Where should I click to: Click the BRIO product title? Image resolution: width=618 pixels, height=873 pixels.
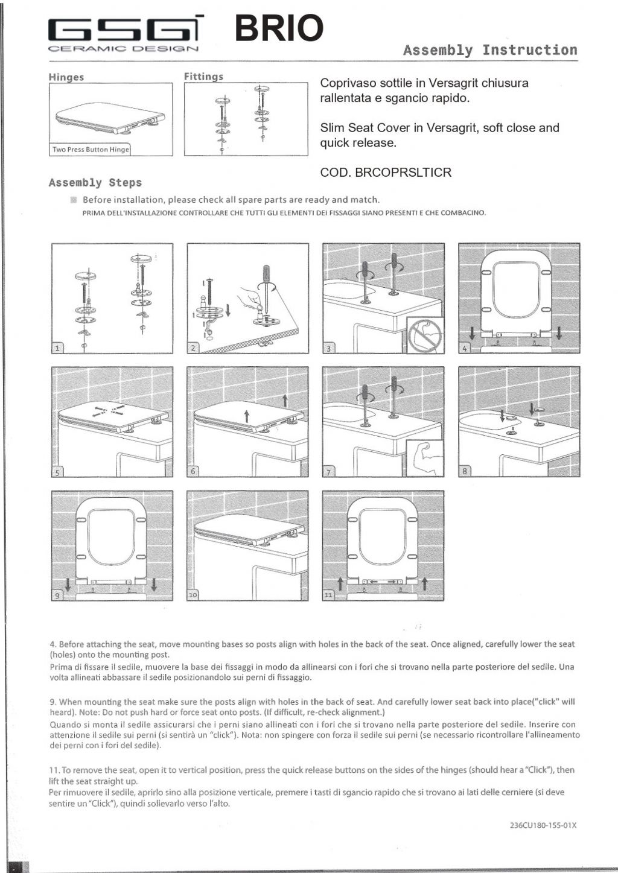point(278,28)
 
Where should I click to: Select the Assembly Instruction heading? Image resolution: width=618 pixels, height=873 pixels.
point(490,50)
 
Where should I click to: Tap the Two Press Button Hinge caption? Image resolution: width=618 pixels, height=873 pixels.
point(91,150)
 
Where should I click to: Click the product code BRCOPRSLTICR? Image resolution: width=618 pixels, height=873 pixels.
point(386,173)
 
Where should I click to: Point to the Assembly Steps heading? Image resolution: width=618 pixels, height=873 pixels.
point(95,183)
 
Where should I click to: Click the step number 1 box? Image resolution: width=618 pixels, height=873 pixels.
point(57,348)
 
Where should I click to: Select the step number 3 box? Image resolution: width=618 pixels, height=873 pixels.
point(329,348)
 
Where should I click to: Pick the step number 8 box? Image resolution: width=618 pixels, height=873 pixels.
point(465,471)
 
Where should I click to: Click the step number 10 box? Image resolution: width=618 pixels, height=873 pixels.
point(193,595)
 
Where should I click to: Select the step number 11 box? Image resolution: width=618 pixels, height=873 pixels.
point(329,595)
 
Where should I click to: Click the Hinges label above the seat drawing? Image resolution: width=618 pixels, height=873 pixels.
point(66,77)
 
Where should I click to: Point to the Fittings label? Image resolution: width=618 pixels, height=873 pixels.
point(203,77)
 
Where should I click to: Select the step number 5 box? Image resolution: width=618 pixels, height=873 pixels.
point(57,471)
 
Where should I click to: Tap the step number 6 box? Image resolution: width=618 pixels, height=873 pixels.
point(193,471)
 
